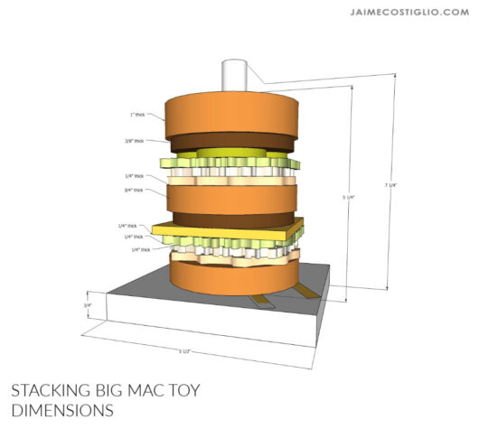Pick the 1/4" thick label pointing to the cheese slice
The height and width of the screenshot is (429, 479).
point(127,226)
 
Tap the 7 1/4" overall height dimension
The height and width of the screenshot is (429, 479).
point(390,185)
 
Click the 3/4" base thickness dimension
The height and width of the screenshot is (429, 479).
point(88,305)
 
